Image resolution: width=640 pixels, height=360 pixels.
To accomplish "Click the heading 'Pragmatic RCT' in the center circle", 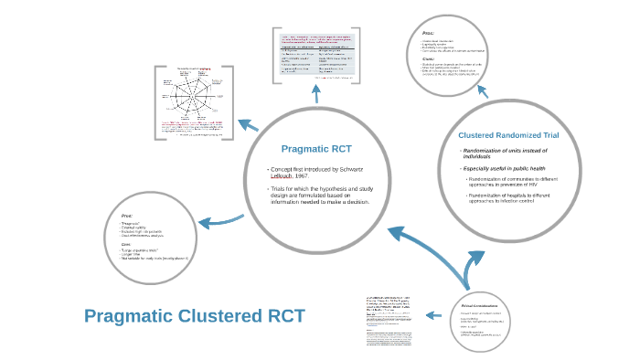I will pos(315,148).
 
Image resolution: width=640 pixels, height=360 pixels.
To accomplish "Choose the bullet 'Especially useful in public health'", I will pos(507,168).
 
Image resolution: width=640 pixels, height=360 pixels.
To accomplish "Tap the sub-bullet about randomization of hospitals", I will pos(515,200).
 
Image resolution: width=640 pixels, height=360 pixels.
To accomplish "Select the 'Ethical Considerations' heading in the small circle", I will pos(481,305).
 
